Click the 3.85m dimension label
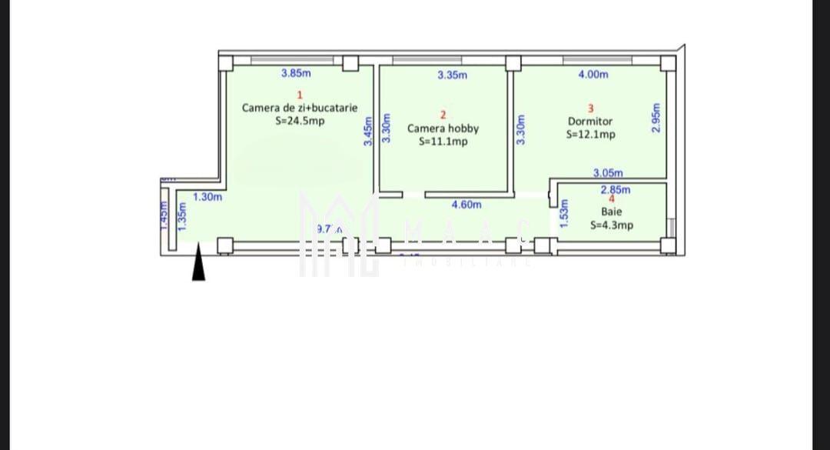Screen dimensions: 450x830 296,74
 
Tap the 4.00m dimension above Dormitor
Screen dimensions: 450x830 593,75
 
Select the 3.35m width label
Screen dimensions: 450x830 452,75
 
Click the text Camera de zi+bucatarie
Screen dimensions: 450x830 300,108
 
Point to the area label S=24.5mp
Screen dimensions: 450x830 300,121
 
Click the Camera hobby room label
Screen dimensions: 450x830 443,128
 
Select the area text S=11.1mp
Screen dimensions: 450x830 443,142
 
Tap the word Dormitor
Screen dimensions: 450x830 590,121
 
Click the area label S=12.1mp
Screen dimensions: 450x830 590,134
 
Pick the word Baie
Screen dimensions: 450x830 612,212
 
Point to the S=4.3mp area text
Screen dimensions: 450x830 612,225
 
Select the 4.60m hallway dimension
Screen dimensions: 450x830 466,205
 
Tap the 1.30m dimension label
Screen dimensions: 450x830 207,197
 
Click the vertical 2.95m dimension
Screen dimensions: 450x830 656,118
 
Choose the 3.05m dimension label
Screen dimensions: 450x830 608,174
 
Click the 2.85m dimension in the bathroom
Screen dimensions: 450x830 615,189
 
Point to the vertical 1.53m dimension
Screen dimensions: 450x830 563,213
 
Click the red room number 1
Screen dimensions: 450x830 299,95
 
